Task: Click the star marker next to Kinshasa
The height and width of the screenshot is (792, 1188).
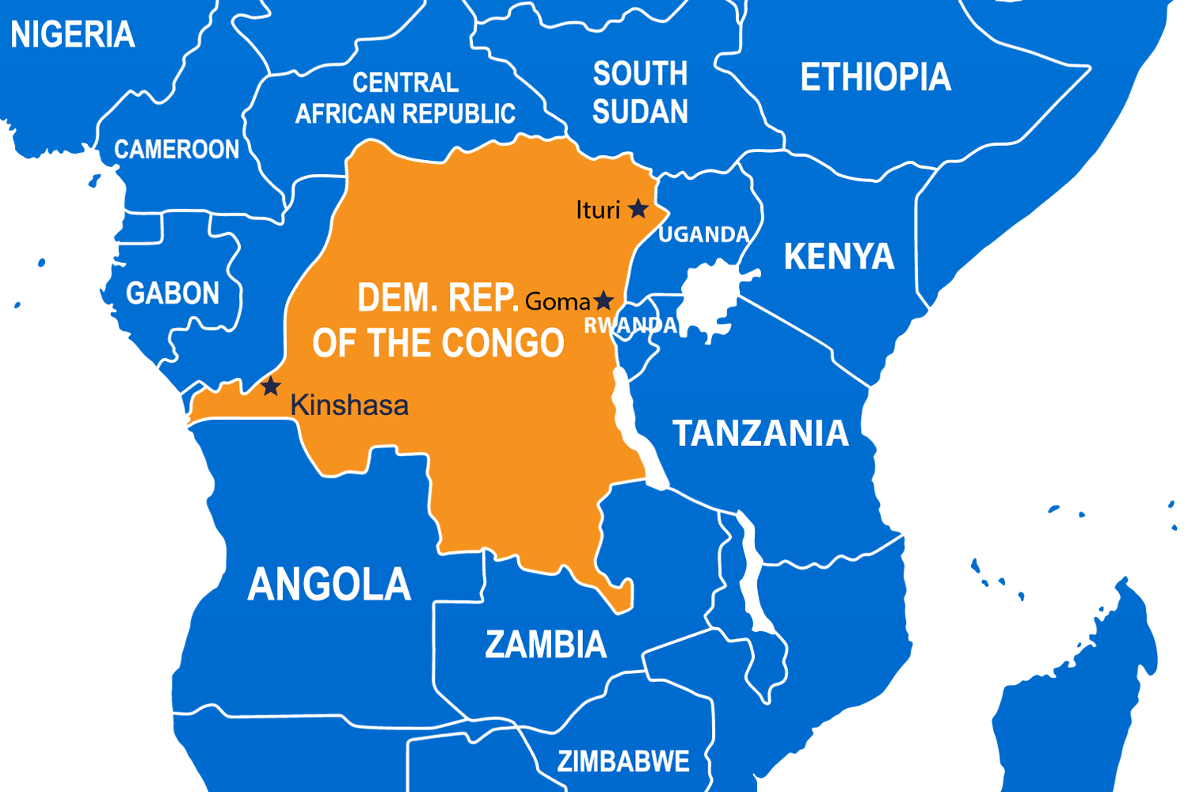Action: click(x=272, y=386)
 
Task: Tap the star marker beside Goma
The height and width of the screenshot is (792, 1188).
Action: click(x=604, y=301)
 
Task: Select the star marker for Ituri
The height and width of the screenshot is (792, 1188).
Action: click(x=638, y=209)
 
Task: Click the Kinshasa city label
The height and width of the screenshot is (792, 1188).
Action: click(x=349, y=406)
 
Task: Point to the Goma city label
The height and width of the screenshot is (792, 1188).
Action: click(x=558, y=302)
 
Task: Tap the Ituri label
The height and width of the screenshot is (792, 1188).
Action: click(x=598, y=210)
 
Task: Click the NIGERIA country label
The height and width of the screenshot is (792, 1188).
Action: click(x=72, y=35)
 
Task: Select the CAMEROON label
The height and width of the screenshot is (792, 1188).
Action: click(x=177, y=149)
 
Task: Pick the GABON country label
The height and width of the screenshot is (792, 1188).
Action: click(x=173, y=293)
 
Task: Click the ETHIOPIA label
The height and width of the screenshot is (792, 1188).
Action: click(x=875, y=77)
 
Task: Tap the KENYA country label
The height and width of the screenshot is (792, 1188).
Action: click(x=839, y=257)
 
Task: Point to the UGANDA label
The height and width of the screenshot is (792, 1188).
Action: click(x=703, y=234)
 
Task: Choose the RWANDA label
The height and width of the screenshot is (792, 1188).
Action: click(x=630, y=325)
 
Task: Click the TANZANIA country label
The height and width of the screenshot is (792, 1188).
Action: click(x=760, y=433)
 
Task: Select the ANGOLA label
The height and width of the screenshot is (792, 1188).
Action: click(x=329, y=584)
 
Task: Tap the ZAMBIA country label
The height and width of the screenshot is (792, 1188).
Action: click(x=546, y=645)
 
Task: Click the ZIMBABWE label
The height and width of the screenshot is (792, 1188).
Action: click(x=623, y=761)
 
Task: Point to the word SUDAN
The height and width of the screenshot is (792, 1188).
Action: click(x=640, y=112)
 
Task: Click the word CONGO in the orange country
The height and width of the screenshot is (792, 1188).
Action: click(x=502, y=343)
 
